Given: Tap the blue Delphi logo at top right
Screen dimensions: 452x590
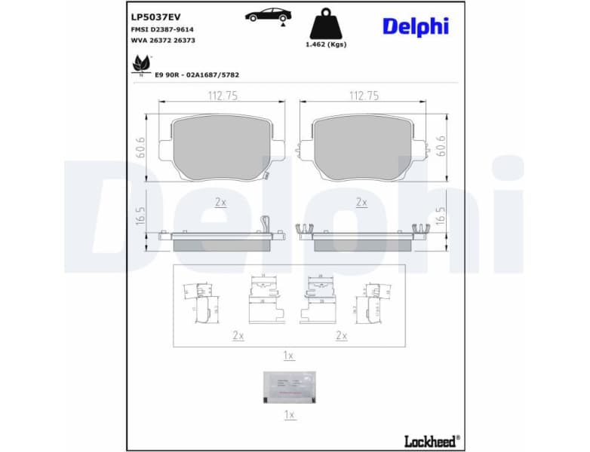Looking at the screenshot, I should (x=415, y=26).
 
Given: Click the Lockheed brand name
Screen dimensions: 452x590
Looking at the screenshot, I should (x=430, y=441).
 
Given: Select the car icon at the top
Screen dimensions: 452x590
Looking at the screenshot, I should (x=265, y=15).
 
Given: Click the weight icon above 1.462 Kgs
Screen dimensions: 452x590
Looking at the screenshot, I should (x=326, y=23).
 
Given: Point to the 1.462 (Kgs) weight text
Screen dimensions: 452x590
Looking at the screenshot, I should (x=326, y=44).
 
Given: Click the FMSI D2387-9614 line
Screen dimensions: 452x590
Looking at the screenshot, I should (x=163, y=29).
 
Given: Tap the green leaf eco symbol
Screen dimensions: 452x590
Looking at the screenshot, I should (x=140, y=64).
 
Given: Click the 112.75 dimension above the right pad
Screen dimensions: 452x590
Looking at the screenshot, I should (x=364, y=96).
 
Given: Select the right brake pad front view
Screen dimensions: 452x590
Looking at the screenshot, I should (x=362, y=148).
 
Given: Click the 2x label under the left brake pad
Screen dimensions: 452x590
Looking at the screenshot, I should (x=220, y=202).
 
